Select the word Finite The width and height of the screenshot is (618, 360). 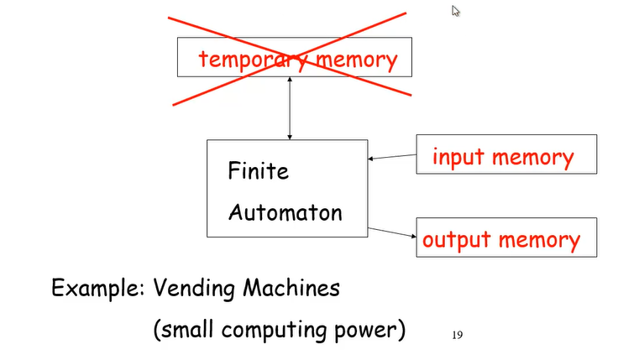click(258, 172)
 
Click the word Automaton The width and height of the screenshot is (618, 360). click(285, 211)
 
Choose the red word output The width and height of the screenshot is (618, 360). click(457, 240)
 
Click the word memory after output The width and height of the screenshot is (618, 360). click(538, 240)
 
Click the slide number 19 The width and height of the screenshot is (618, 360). click(458, 335)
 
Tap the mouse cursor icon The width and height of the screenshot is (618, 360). click(456, 11)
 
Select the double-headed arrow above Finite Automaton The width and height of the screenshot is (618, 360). click(290, 107)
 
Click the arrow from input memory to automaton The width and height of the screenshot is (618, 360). click(392, 156)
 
